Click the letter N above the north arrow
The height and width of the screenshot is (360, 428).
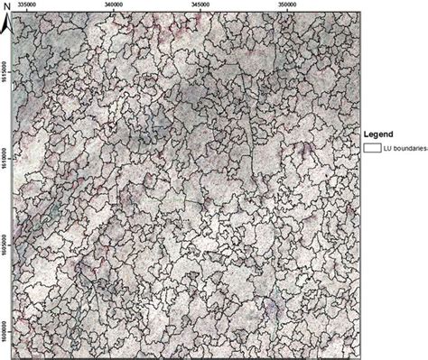5,5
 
